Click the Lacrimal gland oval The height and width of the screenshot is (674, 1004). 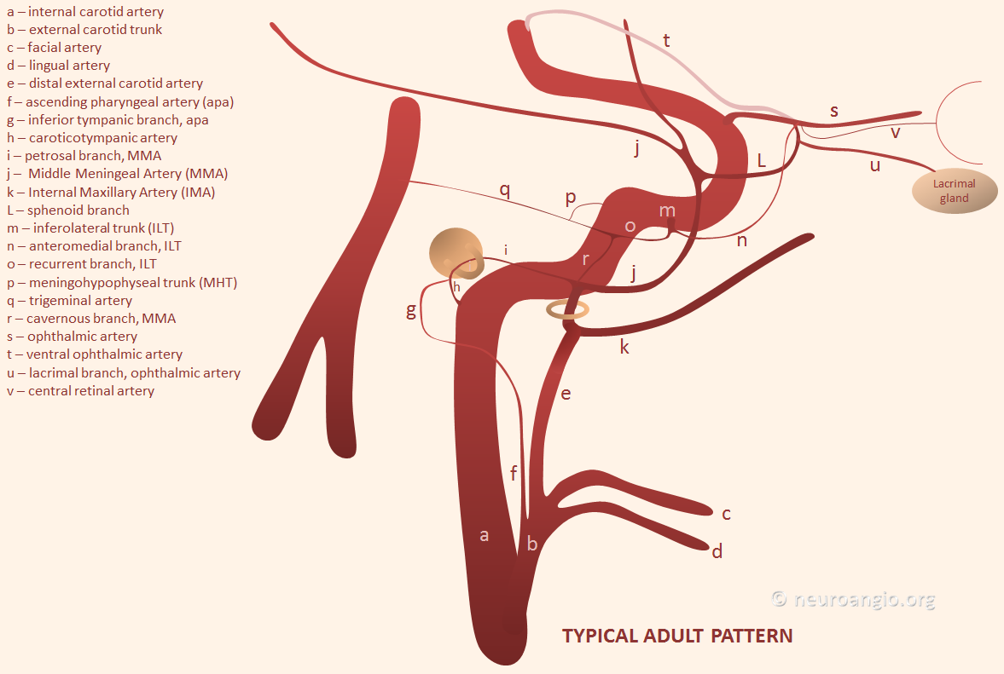[954, 191]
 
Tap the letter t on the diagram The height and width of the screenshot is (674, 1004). [666, 40]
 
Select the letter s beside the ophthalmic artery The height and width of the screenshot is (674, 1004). [833, 112]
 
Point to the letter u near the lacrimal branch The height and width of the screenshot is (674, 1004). [874, 165]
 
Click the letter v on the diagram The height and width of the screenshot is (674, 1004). [895, 133]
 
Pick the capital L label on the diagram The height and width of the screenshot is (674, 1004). [762, 160]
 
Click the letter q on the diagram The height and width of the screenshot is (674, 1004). [505, 190]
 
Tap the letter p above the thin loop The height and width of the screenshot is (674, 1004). [571, 198]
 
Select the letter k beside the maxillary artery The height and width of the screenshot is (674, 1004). [624, 347]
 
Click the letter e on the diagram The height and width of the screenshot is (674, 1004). [566, 394]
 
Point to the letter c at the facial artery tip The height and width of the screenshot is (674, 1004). [726, 514]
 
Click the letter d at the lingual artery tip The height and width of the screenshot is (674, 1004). [717, 550]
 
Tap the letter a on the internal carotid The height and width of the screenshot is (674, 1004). [484, 535]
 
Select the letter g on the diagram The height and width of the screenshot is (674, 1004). [411, 311]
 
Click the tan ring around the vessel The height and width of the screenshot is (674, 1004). [567, 310]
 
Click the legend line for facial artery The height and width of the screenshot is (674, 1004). [55, 48]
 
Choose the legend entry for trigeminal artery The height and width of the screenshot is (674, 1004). [70, 301]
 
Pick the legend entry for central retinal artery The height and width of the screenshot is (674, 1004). [81, 391]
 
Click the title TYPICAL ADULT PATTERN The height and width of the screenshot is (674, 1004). [677, 636]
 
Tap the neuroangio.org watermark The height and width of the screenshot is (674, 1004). [853, 600]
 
